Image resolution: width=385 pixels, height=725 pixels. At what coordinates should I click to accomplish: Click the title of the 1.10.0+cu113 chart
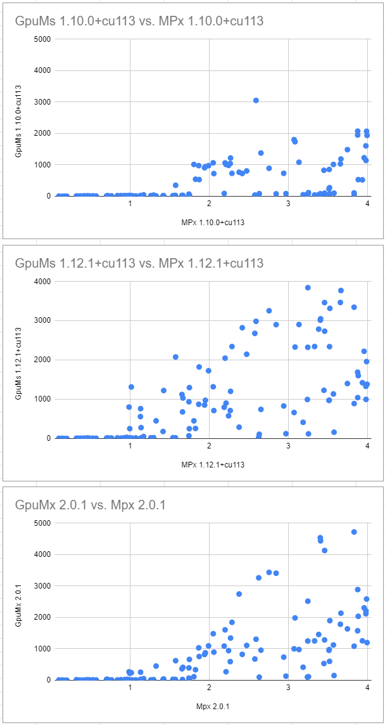[x=139, y=21]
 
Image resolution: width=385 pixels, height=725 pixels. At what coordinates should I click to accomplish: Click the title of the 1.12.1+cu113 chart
[x=139, y=263]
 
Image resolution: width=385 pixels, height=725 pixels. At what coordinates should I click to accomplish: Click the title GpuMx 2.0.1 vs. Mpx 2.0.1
[x=104, y=505]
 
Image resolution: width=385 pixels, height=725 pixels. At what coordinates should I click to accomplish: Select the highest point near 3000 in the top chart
[x=256, y=100]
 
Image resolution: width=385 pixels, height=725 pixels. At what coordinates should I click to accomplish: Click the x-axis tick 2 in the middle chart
[x=209, y=447]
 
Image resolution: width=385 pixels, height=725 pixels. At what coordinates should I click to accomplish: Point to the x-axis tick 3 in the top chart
[x=288, y=204]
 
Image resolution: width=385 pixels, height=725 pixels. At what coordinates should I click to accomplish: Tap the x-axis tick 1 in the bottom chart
[x=130, y=688]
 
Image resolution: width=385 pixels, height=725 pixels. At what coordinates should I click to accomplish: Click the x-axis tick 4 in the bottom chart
[x=367, y=688]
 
